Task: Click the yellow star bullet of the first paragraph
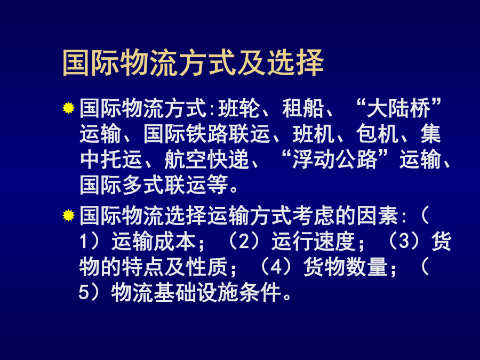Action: point(69,108)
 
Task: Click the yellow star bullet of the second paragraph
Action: point(69,215)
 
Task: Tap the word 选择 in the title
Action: point(295,63)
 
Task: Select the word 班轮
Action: point(239,108)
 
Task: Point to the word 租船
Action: point(303,108)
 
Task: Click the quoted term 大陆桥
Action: point(398,108)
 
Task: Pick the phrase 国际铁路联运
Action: point(207,134)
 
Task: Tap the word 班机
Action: point(314,134)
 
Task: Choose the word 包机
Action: point(377,134)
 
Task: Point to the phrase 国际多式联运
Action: point(143,185)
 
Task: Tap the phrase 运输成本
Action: point(154,241)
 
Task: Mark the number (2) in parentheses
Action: point(244,241)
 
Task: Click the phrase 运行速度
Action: point(314,241)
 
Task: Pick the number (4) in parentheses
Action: point(276,267)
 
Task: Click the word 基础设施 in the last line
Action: point(196,293)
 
